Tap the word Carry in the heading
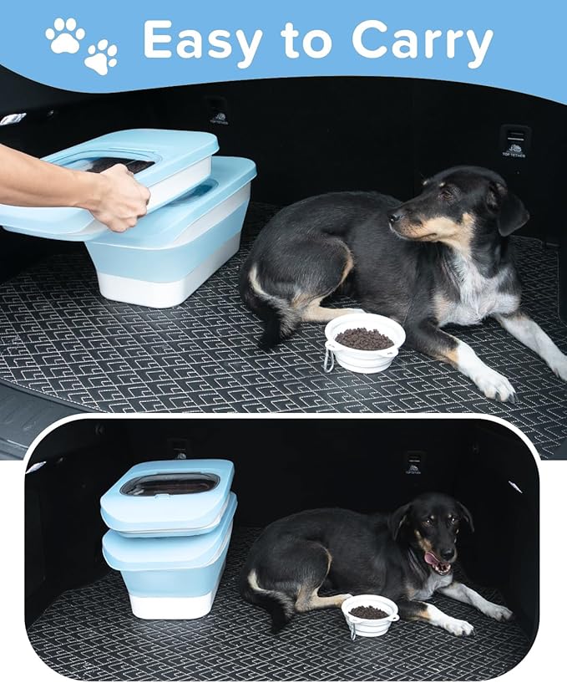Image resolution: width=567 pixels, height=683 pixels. (x=423, y=40)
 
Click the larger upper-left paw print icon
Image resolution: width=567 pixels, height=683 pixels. (x=64, y=35)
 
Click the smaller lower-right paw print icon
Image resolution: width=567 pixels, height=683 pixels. (x=101, y=57)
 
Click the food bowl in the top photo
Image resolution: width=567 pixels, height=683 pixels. (x=365, y=342)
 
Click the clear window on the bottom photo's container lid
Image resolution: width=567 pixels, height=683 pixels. (x=170, y=485)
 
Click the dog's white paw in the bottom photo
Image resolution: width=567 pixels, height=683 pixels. (x=457, y=624)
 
